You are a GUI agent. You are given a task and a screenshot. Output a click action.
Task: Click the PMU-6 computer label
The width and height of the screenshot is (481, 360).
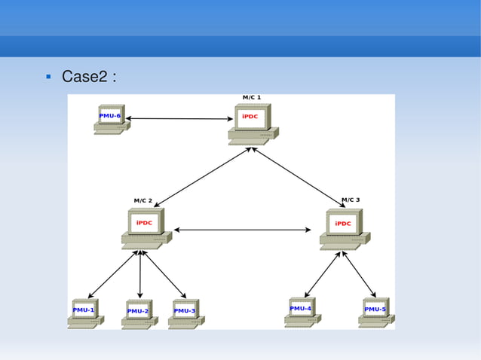coord(110,116)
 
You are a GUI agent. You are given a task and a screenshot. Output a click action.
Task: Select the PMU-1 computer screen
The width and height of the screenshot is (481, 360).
coord(84,310)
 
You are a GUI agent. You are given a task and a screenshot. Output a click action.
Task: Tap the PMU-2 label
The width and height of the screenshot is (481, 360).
coord(138,311)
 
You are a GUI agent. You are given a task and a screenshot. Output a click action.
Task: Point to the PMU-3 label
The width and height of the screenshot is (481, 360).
coord(185,310)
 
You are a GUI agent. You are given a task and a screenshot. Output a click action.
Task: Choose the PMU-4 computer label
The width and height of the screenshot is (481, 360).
coord(301,308)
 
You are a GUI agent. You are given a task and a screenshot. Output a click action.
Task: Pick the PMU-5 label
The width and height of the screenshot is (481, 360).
coord(375,309)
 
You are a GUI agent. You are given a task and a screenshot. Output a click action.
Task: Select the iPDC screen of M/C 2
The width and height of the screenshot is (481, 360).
coord(143,223)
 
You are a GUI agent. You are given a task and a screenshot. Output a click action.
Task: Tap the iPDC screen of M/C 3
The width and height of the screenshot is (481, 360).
coord(343,223)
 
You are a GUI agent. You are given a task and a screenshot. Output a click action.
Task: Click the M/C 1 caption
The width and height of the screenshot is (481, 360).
coord(251,97)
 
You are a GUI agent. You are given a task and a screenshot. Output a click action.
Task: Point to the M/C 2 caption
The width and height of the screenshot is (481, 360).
coord(143,200)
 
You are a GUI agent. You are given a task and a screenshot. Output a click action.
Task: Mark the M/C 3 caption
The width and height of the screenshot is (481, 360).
coord(351,200)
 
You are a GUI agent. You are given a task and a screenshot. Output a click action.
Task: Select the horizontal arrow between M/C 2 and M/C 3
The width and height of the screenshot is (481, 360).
coord(243,230)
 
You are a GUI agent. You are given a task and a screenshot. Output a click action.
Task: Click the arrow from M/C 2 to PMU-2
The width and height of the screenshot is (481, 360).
coord(140,273)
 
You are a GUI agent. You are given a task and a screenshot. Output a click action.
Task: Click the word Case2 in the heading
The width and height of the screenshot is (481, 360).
coord(85,77)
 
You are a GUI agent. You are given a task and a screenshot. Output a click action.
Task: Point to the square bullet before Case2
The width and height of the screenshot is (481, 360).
coord(47,77)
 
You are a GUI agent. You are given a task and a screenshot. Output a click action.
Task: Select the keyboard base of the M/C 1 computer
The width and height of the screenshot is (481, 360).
coord(250,139)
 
